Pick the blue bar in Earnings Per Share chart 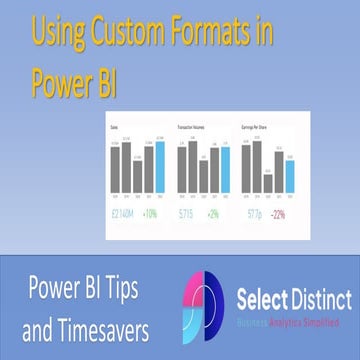click(290, 175)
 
